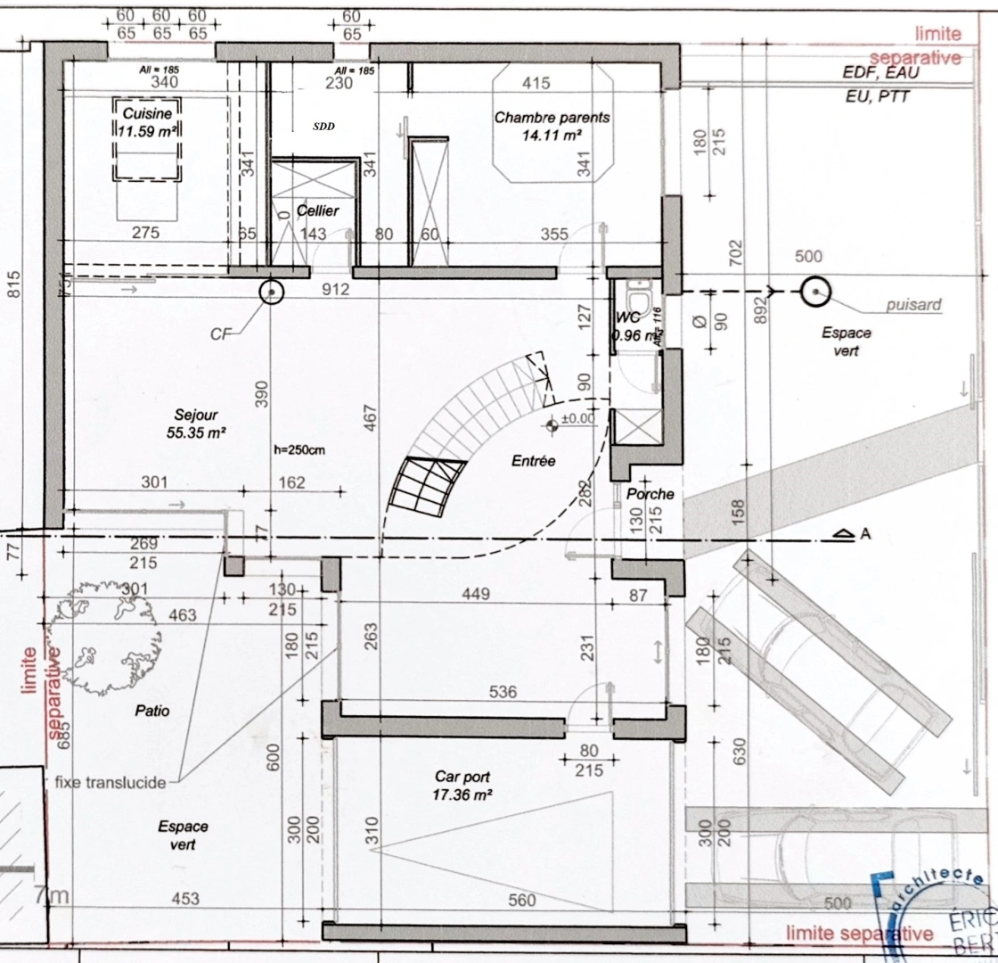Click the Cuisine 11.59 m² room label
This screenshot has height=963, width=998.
point(147,122)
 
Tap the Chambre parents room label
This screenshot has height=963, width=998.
point(552,126)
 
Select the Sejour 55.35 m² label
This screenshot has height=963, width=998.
point(196,424)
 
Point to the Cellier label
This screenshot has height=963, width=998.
point(317,210)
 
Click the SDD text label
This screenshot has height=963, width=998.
point(323,127)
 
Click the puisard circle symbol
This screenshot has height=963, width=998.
point(814,292)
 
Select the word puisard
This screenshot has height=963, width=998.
point(913,305)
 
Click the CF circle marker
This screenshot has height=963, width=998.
point(270,292)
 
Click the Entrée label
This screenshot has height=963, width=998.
point(533,461)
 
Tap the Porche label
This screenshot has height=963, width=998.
point(650,494)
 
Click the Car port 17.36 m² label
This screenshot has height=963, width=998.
point(462,785)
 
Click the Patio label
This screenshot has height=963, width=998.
point(151,711)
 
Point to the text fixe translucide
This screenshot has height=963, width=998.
point(110,783)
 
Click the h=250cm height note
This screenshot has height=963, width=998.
point(299,449)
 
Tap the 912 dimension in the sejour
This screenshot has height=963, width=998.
point(336,289)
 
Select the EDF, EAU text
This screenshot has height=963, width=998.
point(879,73)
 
